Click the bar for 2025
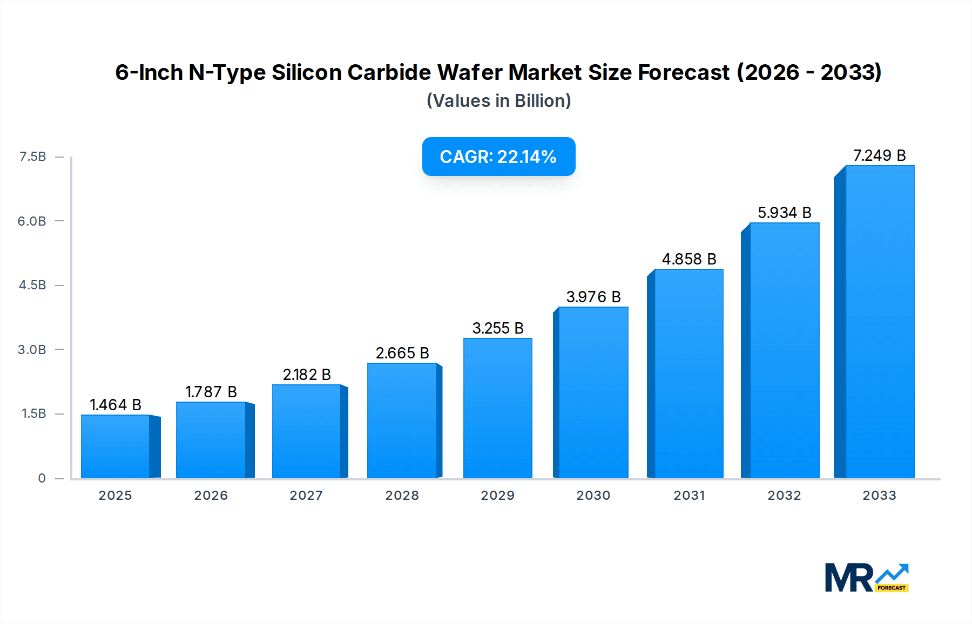(116, 446)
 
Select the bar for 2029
(498, 408)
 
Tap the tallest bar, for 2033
(879, 322)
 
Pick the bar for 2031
(688, 374)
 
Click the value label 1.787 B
(211, 392)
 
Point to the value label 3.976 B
(593, 297)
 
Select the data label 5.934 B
(784, 213)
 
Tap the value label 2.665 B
(402, 353)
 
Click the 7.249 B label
(879, 155)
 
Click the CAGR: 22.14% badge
(498, 157)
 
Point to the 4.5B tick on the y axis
(32, 285)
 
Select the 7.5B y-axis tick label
(32, 157)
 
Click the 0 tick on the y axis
(42, 478)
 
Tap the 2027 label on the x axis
(306, 496)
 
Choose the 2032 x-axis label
(784, 496)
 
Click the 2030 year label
(593, 496)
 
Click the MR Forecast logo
(866, 578)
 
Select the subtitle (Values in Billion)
(498, 101)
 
